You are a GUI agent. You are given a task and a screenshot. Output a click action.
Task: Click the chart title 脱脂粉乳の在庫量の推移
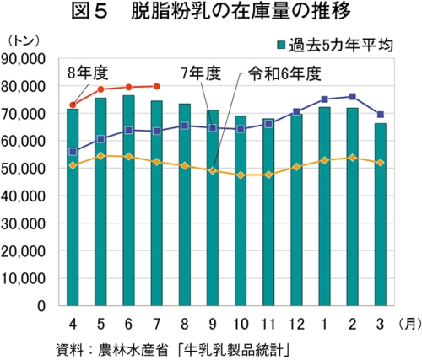pyautogui.click(x=241, y=12)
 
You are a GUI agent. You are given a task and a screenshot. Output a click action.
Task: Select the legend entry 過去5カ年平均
pyautogui.click(x=335, y=46)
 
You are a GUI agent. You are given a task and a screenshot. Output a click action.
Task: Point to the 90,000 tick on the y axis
pyautogui.click(x=23, y=59)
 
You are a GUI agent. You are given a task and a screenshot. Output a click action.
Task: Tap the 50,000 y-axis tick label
pyautogui.click(x=23, y=169)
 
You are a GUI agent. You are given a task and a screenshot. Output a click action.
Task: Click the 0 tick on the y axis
pyautogui.click(x=41, y=306)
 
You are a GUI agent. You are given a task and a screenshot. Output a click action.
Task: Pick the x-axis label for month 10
pyautogui.click(x=241, y=325)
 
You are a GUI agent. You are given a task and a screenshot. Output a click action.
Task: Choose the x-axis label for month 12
pyautogui.click(x=296, y=325)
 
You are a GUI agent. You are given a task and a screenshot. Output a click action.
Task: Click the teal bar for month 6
pyautogui.click(x=128, y=201)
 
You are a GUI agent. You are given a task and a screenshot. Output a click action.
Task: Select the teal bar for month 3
pyautogui.click(x=381, y=214)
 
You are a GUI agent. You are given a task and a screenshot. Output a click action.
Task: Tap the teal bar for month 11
pyautogui.click(x=268, y=212)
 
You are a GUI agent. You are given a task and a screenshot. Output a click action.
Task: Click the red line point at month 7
pyautogui.click(x=157, y=86)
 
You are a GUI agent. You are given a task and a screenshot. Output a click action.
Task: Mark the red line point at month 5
pyautogui.click(x=100, y=89)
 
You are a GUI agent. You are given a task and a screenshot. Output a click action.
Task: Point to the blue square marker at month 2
pyautogui.click(x=352, y=97)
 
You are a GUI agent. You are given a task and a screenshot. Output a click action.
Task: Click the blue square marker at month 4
pyautogui.click(x=73, y=152)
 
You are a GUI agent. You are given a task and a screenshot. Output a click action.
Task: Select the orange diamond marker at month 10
pyautogui.click(x=241, y=175)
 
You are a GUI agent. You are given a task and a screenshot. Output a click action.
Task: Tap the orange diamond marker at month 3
pyautogui.click(x=381, y=163)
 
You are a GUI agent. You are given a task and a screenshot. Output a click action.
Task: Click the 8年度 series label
pyautogui.click(x=88, y=73)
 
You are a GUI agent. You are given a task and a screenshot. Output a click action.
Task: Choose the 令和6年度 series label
pyautogui.click(x=284, y=74)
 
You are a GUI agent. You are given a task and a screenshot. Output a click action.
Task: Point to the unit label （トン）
pyautogui.click(x=24, y=41)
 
